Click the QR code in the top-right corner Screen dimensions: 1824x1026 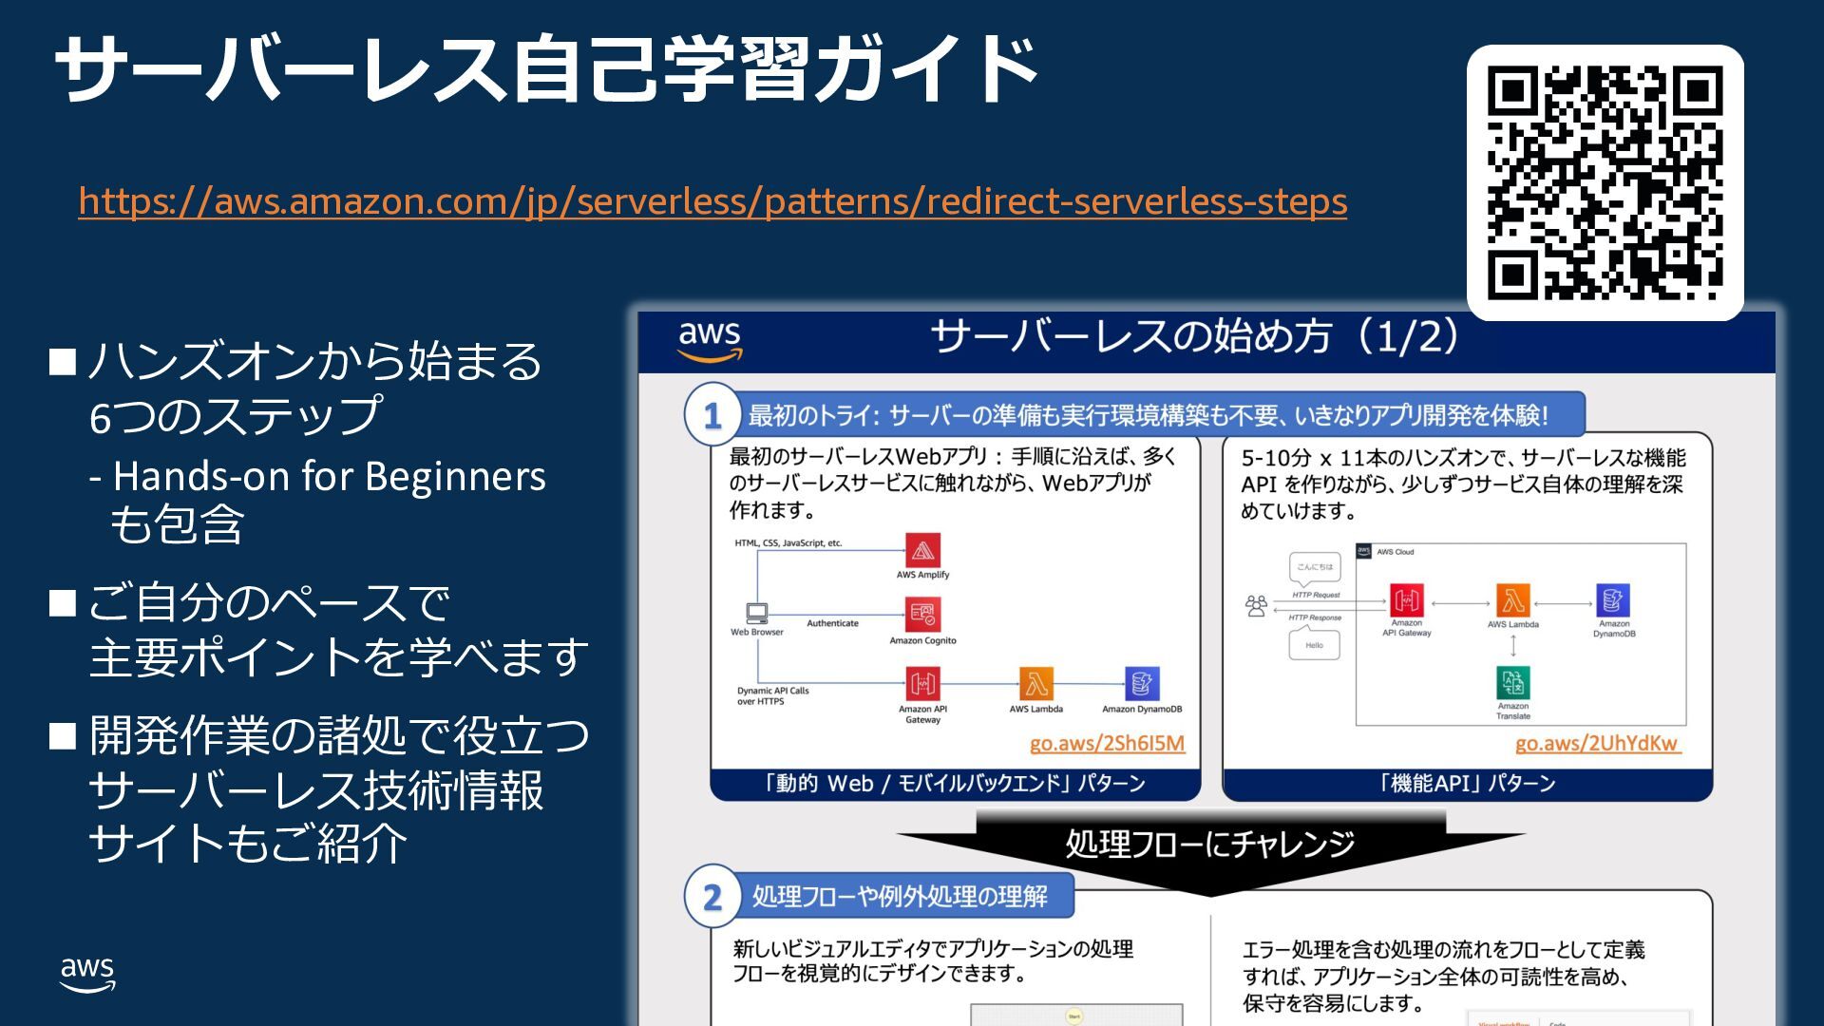[x=1605, y=182]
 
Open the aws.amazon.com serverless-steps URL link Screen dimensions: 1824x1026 [x=712, y=201]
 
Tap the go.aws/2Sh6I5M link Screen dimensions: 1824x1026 [x=1107, y=743]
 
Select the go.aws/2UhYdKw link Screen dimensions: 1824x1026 [x=1597, y=743]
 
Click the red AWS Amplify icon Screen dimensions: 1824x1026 [x=922, y=550]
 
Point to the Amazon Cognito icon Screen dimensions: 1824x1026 [x=922, y=615]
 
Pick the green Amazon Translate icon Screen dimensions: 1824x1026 [x=1512, y=682]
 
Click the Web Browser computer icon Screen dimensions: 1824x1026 [x=757, y=613]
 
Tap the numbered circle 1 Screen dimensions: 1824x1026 [x=712, y=415]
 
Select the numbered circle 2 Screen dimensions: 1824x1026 [x=712, y=896]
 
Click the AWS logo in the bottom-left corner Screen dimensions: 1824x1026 [x=87, y=975]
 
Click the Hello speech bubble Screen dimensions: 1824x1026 [x=1314, y=645]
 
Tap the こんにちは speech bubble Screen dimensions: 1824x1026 [x=1315, y=567]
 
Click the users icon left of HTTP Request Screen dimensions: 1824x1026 [x=1256, y=605]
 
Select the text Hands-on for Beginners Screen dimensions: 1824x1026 [x=329, y=476]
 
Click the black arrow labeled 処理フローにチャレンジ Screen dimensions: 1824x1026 [x=1210, y=845]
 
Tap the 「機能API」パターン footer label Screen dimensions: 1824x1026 [x=1467, y=784]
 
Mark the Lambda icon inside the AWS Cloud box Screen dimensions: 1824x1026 [x=1512, y=600]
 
